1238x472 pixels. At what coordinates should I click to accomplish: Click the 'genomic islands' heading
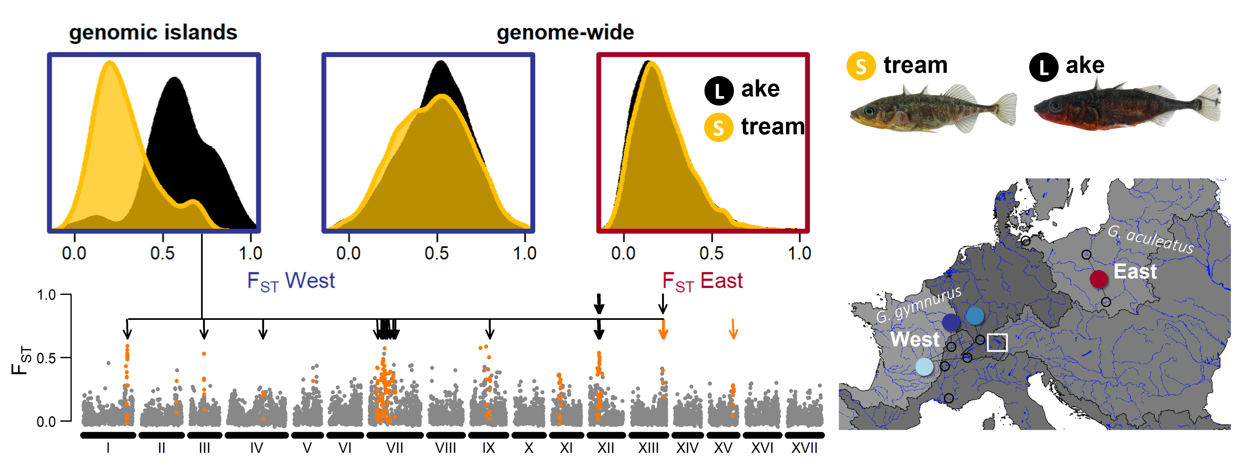153,33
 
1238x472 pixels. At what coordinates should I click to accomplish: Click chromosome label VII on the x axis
395,448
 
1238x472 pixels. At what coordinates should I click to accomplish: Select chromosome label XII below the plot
605,448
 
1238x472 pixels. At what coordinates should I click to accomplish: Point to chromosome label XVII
805,448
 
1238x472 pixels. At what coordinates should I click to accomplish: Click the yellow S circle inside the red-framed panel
718,128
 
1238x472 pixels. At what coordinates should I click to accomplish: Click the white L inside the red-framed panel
719,91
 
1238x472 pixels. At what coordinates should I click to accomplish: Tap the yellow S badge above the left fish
861,66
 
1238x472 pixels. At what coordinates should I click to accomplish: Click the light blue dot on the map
924,367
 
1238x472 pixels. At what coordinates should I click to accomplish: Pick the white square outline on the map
997,342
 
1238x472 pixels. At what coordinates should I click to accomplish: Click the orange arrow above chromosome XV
733,329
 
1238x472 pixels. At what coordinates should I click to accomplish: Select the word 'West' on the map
915,339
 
